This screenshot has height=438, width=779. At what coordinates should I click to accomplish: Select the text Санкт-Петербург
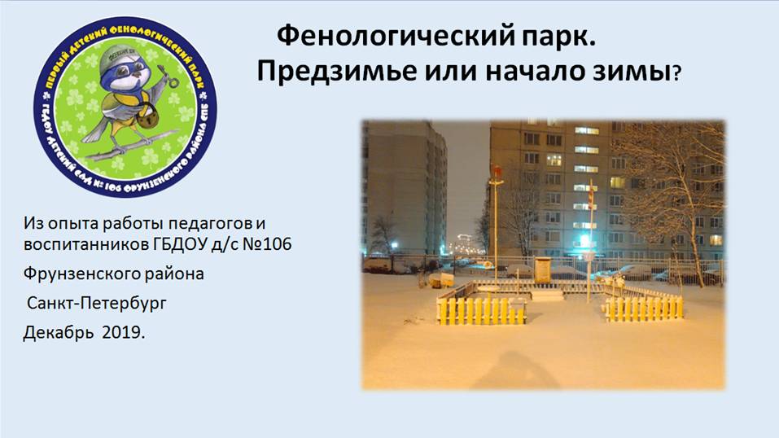tap(96, 303)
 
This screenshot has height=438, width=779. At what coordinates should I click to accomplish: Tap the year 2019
tap(124, 332)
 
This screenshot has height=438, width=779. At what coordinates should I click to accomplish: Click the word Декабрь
tap(58, 332)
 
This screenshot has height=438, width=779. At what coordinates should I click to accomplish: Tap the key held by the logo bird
tap(167, 75)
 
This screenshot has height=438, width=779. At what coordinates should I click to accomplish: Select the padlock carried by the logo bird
tap(146, 118)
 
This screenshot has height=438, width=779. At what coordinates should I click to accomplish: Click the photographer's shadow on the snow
tap(512, 370)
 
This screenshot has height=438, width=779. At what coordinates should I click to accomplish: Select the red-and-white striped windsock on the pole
tap(591, 199)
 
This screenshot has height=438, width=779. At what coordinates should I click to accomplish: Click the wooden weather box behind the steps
tap(543, 269)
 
